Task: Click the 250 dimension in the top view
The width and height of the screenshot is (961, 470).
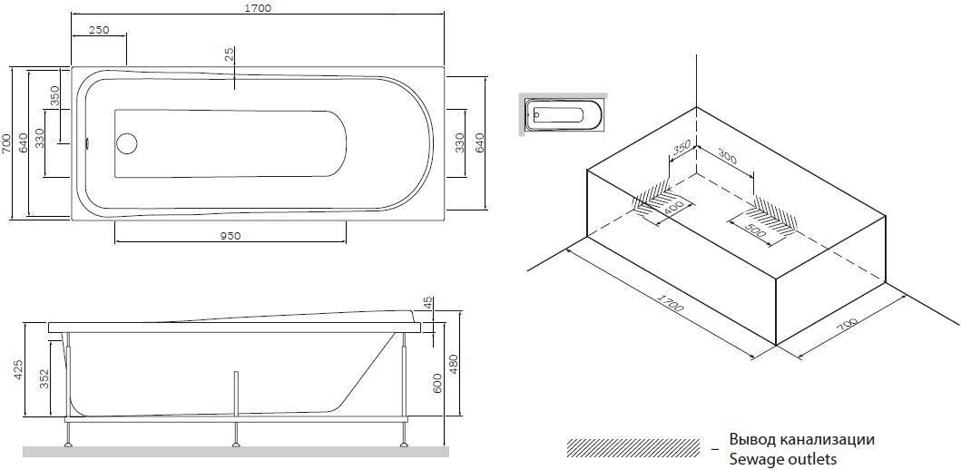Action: [x=99, y=30]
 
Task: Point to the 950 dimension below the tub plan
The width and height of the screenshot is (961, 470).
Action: [x=230, y=235]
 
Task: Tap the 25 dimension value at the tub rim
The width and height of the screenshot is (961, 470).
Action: [x=230, y=54]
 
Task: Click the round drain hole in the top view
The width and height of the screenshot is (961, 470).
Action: [x=127, y=142]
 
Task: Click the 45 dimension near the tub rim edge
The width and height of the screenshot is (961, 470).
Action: [x=427, y=304]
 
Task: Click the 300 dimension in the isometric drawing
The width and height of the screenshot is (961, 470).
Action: [x=728, y=156]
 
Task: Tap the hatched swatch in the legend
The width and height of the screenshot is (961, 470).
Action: [x=633, y=447]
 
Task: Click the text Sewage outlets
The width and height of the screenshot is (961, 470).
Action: [x=782, y=459]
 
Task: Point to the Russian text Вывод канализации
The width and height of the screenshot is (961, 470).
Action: [x=802, y=440]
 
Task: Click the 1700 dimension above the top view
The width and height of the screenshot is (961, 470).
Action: [x=259, y=8]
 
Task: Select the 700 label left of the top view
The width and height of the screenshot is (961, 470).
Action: [x=6, y=142]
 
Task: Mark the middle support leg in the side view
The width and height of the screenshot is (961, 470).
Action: [x=236, y=407]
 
